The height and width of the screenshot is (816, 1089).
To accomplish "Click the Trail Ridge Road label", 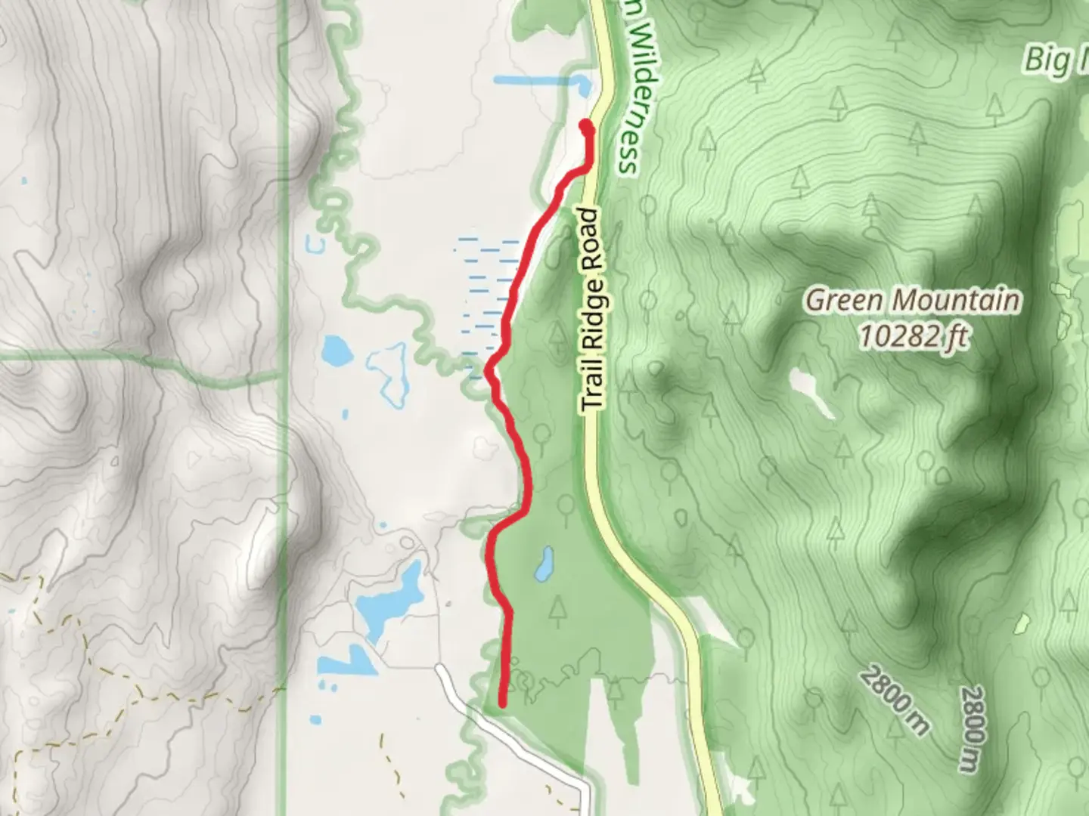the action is (594, 310).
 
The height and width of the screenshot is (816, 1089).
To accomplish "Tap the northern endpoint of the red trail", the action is (586, 125).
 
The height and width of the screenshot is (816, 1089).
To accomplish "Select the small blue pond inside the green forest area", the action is (542, 564).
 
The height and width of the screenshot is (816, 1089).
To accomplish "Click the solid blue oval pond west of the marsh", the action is (335, 350).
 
